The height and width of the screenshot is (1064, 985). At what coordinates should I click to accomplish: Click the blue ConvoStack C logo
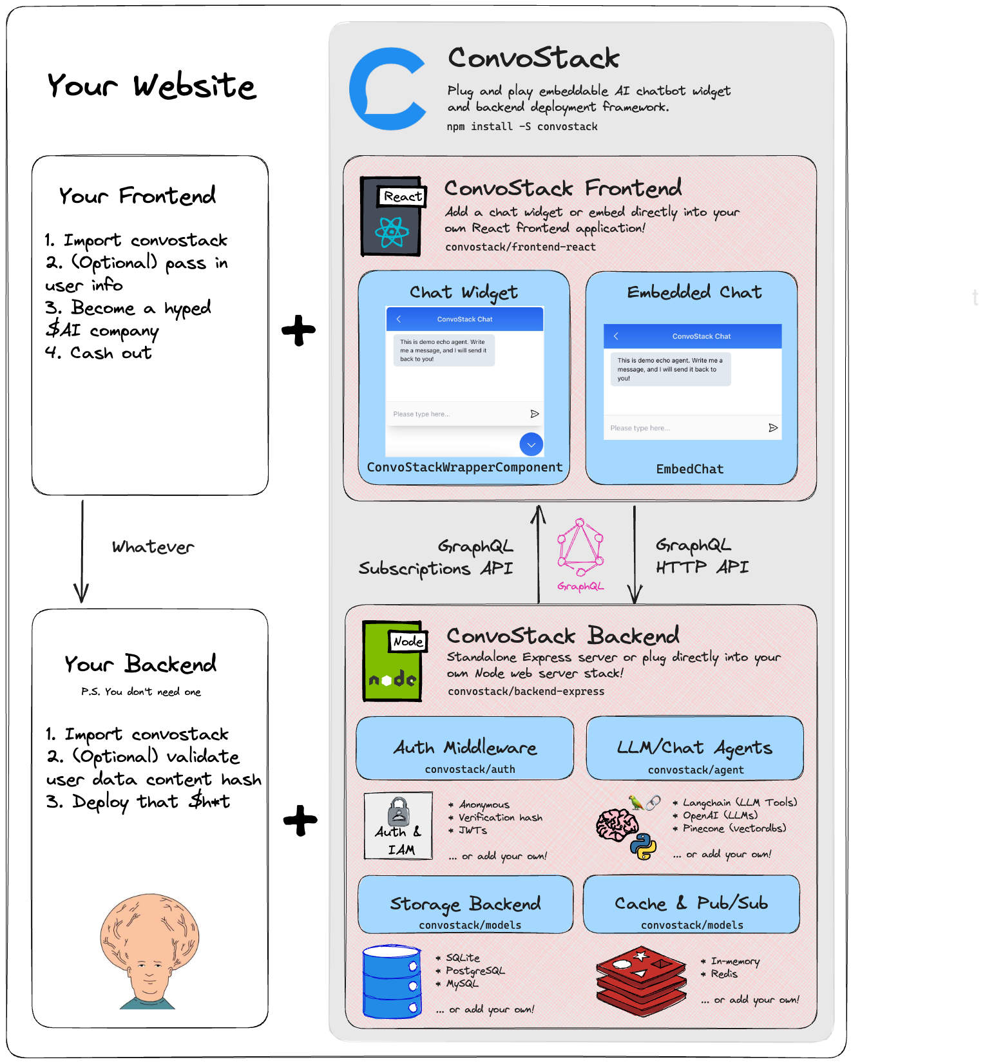click(x=387, y=88)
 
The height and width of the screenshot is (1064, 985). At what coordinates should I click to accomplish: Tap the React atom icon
click(x=392, y=233)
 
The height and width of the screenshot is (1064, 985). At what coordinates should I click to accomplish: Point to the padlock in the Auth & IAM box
click(x=399, y=811)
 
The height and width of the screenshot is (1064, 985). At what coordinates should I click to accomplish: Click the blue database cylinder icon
click(x=392, y=982)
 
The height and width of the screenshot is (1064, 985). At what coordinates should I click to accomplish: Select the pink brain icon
click(x=616, y=824)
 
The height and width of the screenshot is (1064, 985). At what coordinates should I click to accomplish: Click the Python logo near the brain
click(x=644, y=847)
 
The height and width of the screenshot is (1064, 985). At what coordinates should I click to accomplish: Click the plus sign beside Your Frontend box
click(x=298, y=330)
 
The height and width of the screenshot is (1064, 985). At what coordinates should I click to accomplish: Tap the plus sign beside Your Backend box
click(x=300, y=820)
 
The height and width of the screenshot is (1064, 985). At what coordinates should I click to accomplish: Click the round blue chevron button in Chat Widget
click(x=531, y=444)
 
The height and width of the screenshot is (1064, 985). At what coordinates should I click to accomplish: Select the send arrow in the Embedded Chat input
click(x=773, y=428)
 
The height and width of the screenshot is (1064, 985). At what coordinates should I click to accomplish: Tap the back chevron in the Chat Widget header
click(x=399, y=319)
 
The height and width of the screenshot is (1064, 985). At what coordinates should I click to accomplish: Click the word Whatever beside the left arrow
click(x=153, y=547)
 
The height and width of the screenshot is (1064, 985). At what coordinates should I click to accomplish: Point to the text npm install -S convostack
click(x=522, y=127)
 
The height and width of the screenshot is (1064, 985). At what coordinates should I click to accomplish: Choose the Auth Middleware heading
click(x=464, y=747)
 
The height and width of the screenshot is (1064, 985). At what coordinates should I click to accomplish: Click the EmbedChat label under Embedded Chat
click(x=690, y=470)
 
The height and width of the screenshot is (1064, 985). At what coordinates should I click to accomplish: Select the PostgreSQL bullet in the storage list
click(x=475, y=971)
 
